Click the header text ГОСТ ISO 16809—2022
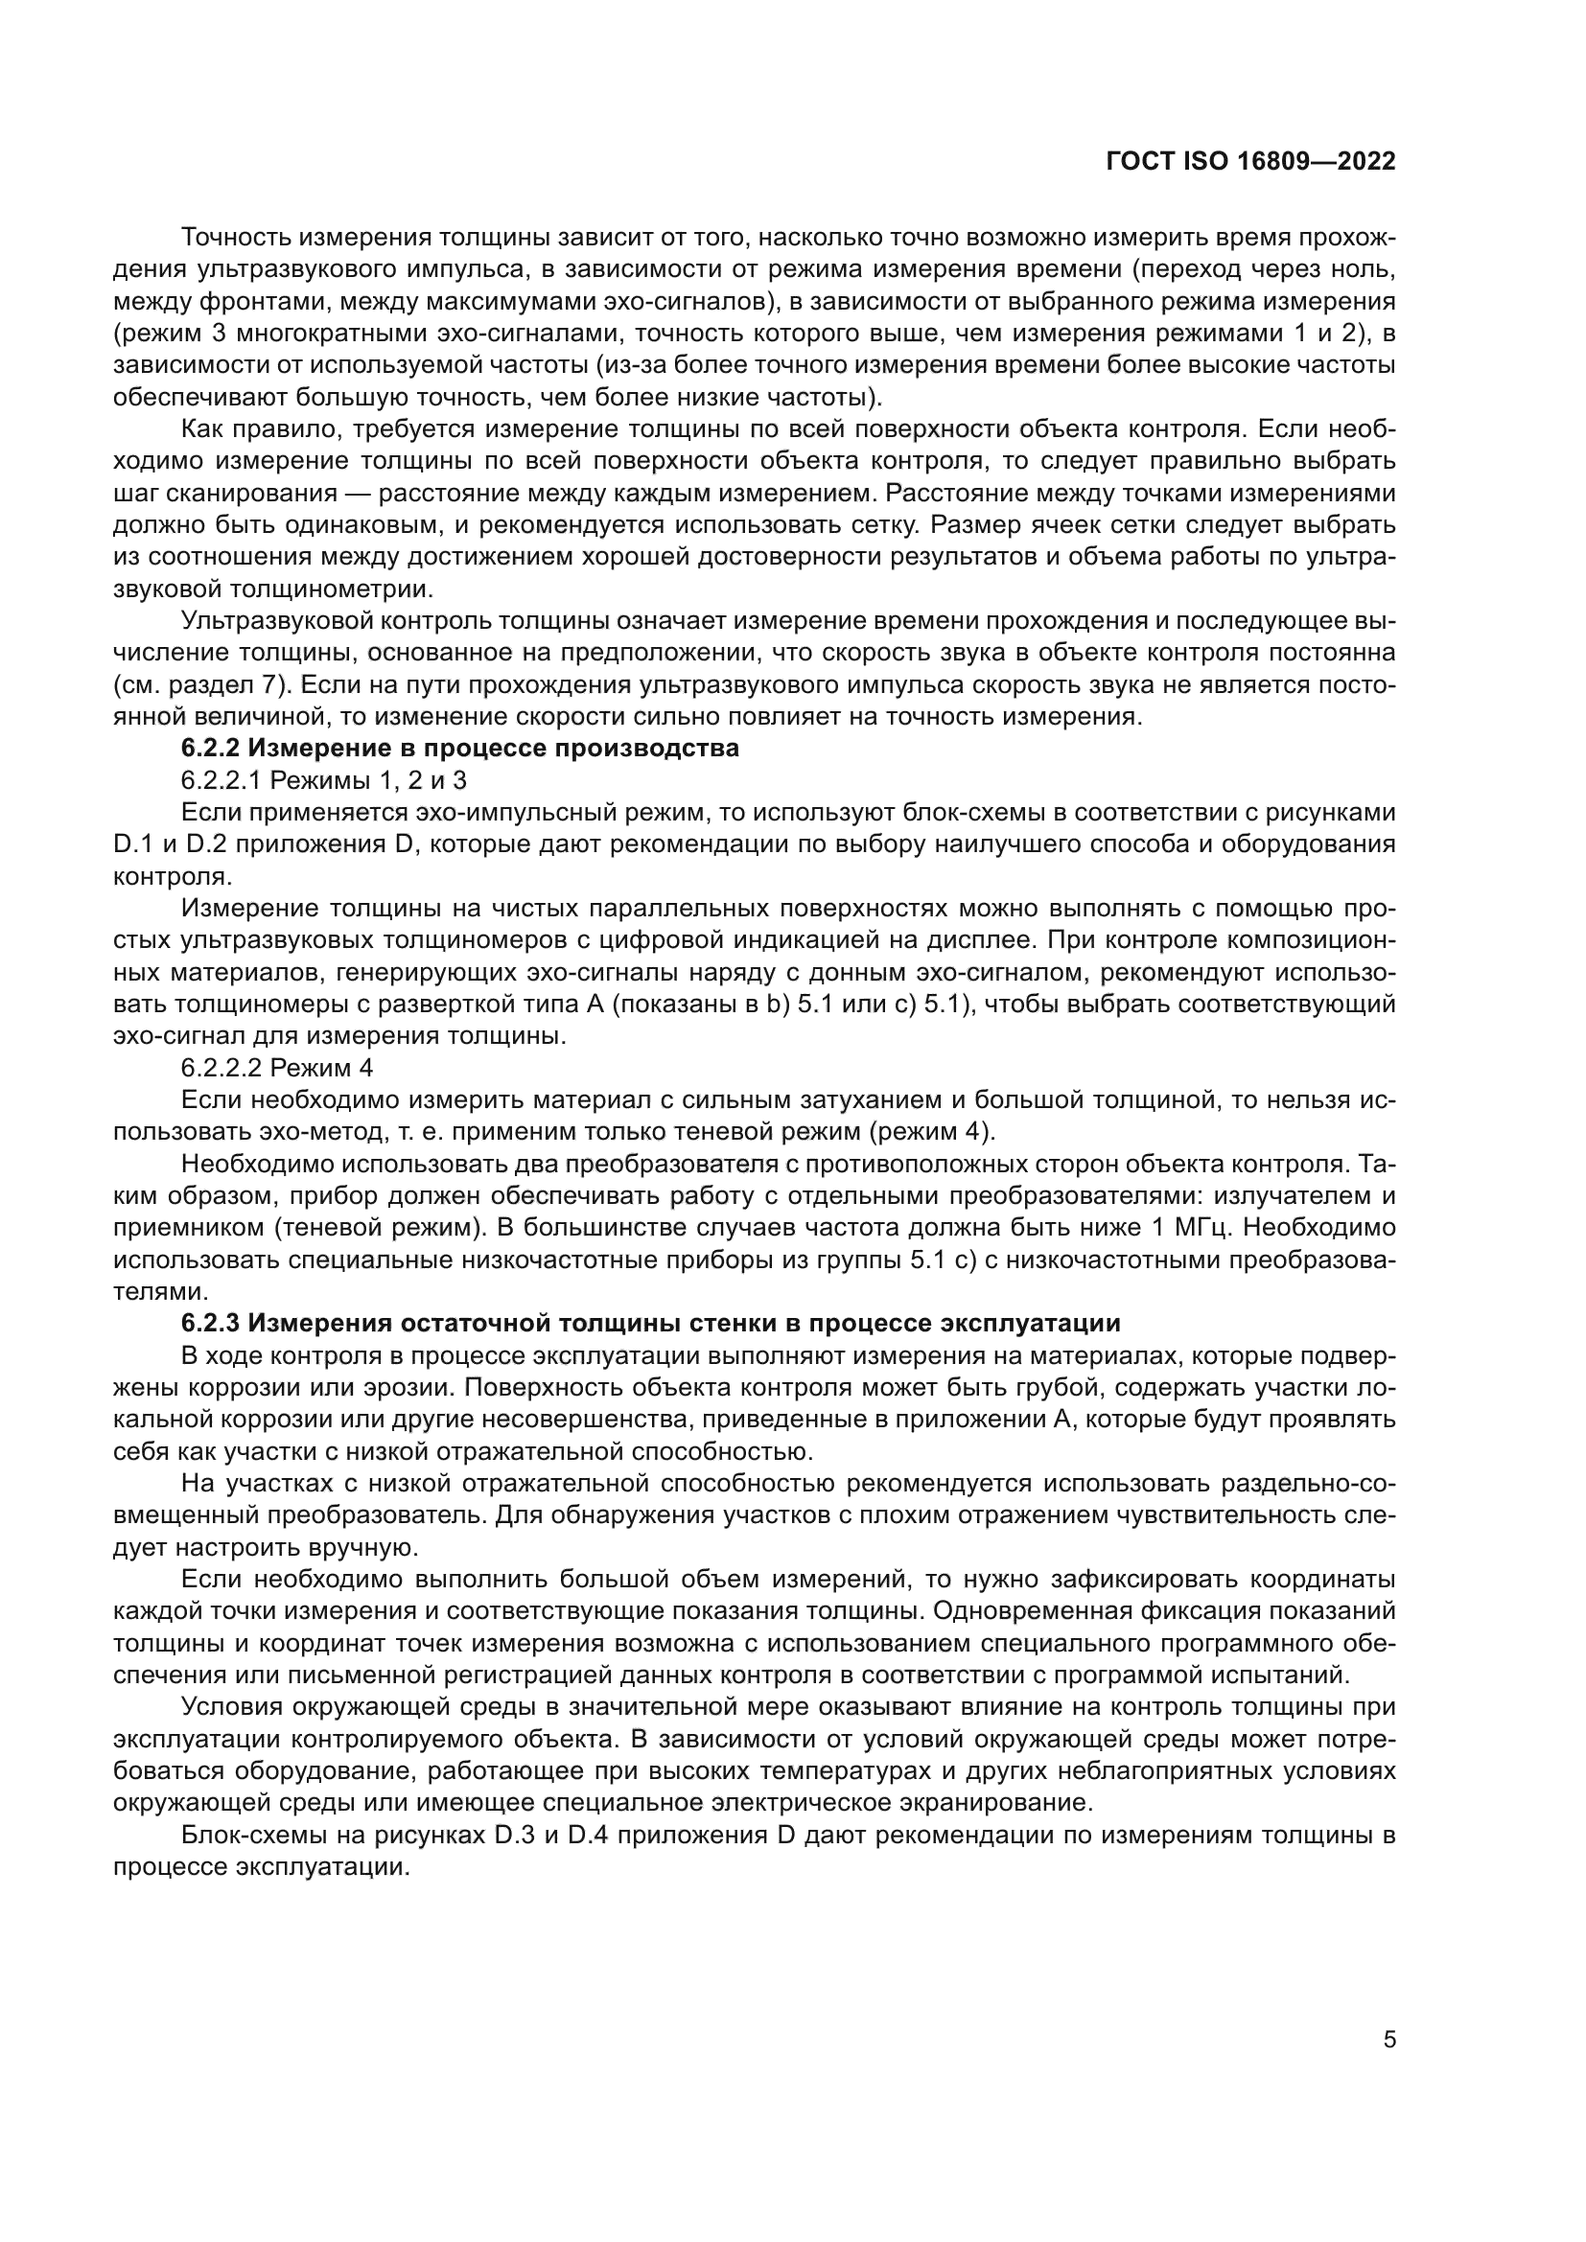1250,162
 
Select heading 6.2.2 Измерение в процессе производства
459,749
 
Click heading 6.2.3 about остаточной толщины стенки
650,1323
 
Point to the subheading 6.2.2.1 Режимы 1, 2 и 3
323,780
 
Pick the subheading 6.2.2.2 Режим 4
276,1067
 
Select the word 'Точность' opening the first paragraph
235,238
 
